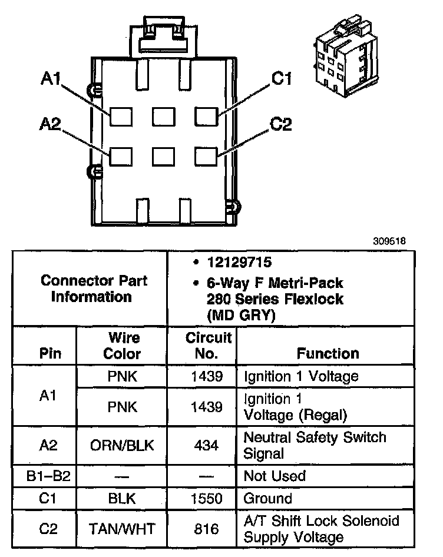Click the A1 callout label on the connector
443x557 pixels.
click(x=51, y=78)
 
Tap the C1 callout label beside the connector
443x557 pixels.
click(x=282, y=78)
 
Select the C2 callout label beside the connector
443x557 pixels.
click(x=280, y=124)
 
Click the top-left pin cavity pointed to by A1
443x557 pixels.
click(x=121, y=117)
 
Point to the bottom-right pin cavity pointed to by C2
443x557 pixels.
click(x=206, y=157)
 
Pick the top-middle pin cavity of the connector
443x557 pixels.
click(x=164, y=117)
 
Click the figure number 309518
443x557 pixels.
click(x=389, y=241)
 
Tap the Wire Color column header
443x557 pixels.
click(x=122, y=346)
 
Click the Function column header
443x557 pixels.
click(x=328, y=353)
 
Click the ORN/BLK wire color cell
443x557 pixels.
click(x=122, y=445)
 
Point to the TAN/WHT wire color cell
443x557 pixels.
click(x=122, y=529)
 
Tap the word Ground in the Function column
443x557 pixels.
click(x=267, y=499)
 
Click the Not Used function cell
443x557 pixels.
click(x=275, y=476)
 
